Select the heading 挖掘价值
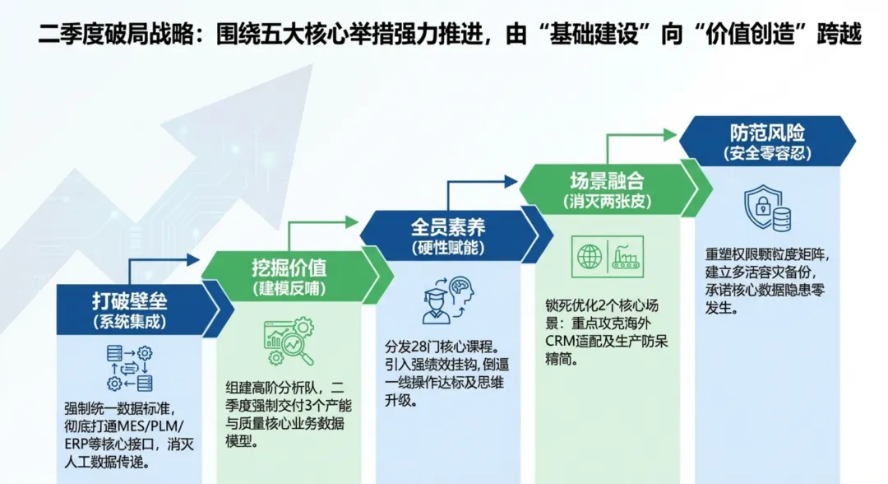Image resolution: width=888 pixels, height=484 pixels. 289,268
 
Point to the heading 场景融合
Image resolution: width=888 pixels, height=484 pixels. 607,180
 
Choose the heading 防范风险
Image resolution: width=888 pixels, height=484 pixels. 765,133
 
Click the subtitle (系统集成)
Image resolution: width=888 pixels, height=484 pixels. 129,322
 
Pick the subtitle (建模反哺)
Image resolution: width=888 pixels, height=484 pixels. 289,289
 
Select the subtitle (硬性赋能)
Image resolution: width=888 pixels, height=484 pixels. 448,248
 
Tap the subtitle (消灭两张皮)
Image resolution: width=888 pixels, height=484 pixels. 607,202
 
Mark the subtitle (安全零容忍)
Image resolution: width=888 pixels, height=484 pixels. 765,153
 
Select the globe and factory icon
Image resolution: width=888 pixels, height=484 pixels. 608,256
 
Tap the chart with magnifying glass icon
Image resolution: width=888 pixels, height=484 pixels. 289,342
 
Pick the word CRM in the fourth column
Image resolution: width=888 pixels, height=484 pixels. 559,342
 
